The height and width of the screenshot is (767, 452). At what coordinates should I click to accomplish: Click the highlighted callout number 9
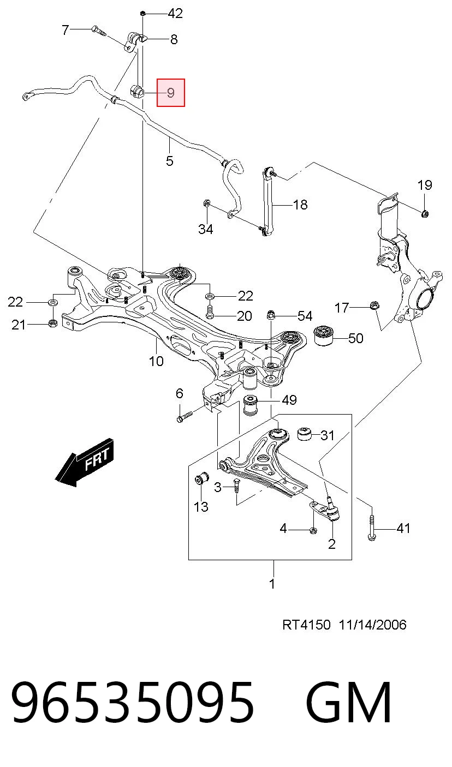[x=171, y=93]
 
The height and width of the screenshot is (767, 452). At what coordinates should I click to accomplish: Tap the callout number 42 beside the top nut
[x=175, y=13]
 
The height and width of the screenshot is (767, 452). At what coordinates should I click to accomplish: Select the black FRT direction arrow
[x=84, y=462]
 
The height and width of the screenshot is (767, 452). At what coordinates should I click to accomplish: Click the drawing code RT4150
[x=306, y=625]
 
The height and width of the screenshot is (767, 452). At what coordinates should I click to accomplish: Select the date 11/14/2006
[x=372, y=625]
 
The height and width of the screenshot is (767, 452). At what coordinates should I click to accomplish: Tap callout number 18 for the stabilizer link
[x=300, y=205]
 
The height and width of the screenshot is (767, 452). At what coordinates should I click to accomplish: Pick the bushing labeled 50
[x=324, y=336]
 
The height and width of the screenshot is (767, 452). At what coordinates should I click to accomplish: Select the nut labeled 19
[x=425, y=214]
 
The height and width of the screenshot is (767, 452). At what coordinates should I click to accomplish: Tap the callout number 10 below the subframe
[x=156, y=361]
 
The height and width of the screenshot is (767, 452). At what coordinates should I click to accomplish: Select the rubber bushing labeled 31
[x=304, y=434]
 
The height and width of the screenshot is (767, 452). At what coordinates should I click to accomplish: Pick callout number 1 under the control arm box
[x=272, y=584]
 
